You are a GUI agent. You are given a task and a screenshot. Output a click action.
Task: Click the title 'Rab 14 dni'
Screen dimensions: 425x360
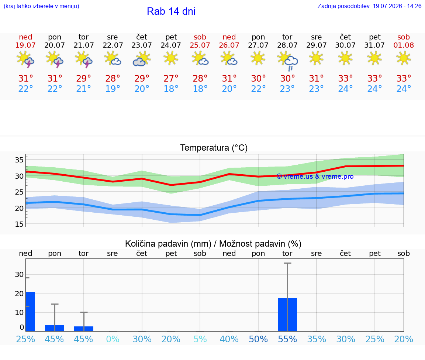point(171,11)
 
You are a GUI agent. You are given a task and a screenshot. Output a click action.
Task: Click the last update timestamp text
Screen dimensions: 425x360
point(369,6)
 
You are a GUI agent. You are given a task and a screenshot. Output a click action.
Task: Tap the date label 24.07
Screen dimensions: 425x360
point(171,45)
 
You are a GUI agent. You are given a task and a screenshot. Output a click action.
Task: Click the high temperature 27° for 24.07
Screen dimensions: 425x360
point(171,78)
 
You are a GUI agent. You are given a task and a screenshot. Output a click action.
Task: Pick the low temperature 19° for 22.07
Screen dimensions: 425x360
point(113,89)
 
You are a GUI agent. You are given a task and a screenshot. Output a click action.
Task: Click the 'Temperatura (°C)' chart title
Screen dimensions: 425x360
point(214,148)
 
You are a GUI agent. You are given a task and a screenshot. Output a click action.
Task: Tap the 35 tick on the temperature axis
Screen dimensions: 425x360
point(19,160)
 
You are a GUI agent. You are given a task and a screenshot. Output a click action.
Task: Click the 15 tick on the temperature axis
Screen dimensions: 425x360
point(19,224)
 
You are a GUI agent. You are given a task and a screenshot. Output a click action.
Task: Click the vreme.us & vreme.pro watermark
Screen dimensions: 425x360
point(315,176)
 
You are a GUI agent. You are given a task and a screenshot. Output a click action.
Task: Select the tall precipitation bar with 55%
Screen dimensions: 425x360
point(287,315)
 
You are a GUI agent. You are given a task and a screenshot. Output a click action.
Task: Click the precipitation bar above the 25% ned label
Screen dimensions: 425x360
point(30,312)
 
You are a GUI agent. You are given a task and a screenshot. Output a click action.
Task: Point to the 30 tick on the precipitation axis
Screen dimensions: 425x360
point(19,275)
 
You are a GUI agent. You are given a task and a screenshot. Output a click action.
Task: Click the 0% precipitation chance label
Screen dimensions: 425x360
point(113,339)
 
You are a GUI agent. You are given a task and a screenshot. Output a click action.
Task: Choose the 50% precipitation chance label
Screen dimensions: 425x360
point(258,339)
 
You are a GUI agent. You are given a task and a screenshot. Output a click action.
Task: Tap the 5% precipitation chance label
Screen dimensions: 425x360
point(200,339)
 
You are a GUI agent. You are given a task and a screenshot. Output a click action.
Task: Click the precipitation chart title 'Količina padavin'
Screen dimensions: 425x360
point(168,244)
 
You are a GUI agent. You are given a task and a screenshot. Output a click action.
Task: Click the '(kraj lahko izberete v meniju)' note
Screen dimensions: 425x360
point(41,6)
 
